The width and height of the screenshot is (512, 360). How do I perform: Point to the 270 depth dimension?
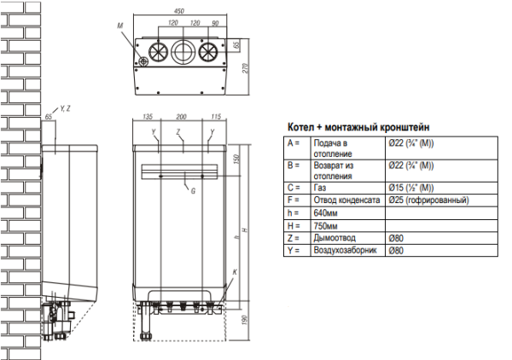245,68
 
